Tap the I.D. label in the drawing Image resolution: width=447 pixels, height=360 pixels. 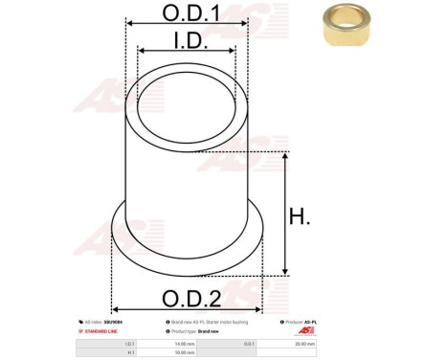point(187,40)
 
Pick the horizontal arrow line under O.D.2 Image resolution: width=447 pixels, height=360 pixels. point(190,308)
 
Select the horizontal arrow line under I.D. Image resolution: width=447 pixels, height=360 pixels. point(187,52)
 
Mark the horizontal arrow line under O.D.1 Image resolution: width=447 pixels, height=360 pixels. point(187,26)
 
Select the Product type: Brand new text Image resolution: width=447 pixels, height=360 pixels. point(202,331)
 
